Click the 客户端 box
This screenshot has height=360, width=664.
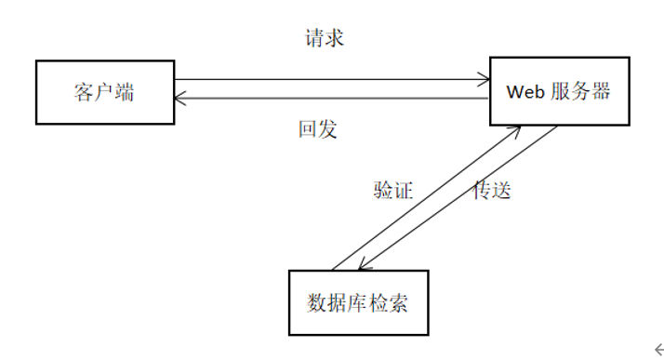pos(105,92)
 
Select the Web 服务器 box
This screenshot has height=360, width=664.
pos(558,91)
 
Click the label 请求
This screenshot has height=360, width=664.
pos(325,39)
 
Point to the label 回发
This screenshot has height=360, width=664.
pos(316,129)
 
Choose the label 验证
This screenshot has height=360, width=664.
pos(392,191)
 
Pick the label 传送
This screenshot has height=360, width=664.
pos(492,191)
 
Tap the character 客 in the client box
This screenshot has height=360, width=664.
pos(83,92)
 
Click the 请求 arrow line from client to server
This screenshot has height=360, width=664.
pos(325,81)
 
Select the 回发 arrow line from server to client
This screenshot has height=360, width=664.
pos(325,98)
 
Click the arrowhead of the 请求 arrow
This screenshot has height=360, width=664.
pos(485,81)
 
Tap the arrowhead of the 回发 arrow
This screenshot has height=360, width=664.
pos(180,98)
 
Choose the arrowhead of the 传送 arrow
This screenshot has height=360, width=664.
pos(364,265)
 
